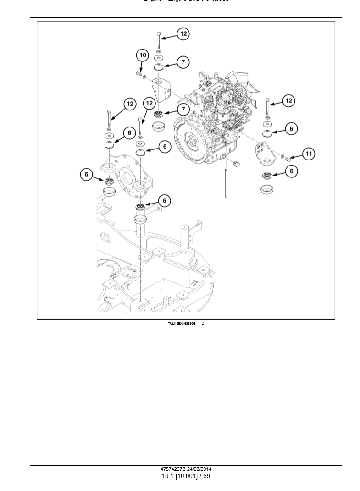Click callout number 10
pos(143,55)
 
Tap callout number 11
pos(309,154)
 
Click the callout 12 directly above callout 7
pos(183,34)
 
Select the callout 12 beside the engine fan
pos(288,101)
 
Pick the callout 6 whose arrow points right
pos(87,174)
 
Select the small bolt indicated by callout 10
pos(138,73)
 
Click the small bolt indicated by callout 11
pos(288,160)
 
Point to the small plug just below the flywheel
pos(237,164)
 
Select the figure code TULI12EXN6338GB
pos(182,324)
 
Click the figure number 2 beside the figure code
pos(203,324)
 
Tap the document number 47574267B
pos(173,469)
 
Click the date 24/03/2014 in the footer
pos(199,469)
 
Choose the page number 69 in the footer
pos(206,476)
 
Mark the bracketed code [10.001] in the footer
pos(186,476)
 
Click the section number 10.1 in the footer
pos(167,476)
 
